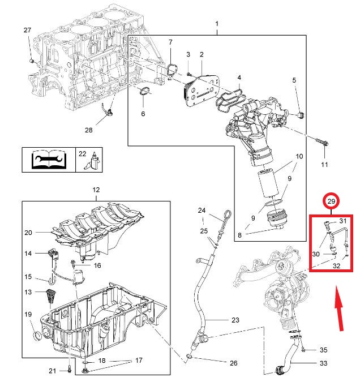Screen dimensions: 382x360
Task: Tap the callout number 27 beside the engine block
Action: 27,30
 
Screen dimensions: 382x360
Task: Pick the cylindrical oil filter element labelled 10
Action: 268,184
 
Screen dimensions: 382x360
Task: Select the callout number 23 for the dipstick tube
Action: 235,320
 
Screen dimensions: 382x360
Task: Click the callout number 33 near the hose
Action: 324,363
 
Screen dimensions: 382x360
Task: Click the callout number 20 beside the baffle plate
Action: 28,233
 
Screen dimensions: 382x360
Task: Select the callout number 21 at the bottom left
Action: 52,371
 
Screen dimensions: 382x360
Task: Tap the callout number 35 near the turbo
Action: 323,350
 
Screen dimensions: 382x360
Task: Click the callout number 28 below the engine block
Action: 88,130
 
